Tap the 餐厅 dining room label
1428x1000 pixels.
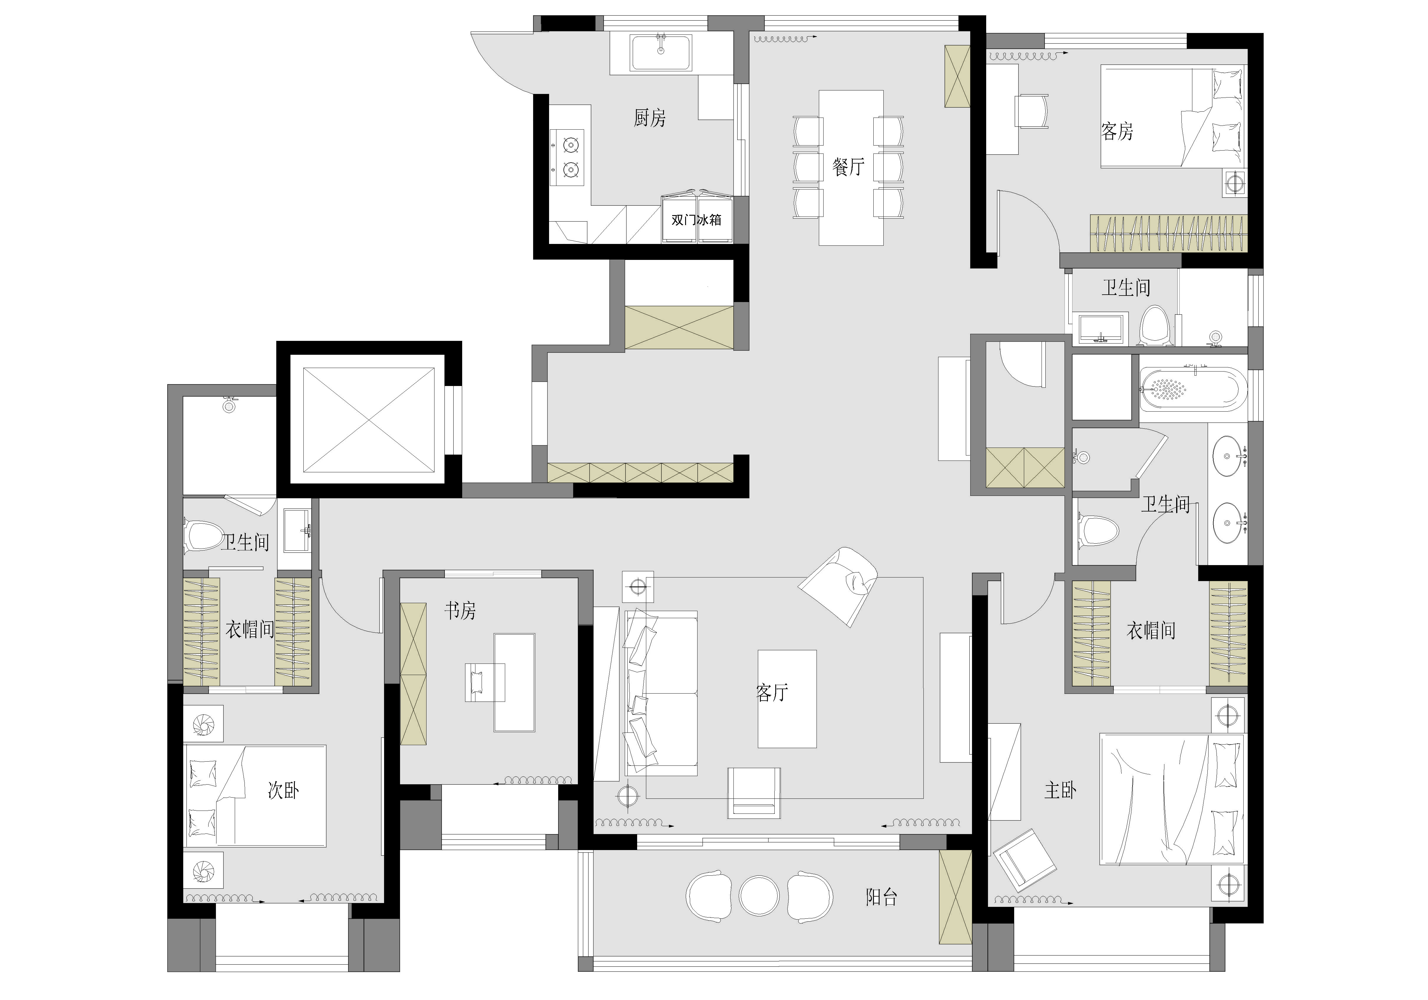848,167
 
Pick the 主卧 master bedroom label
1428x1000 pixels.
1060,790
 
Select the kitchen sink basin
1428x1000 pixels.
660,53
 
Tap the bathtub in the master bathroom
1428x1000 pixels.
1193,390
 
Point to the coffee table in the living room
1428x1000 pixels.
787,699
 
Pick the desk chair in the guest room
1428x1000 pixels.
1032,111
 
